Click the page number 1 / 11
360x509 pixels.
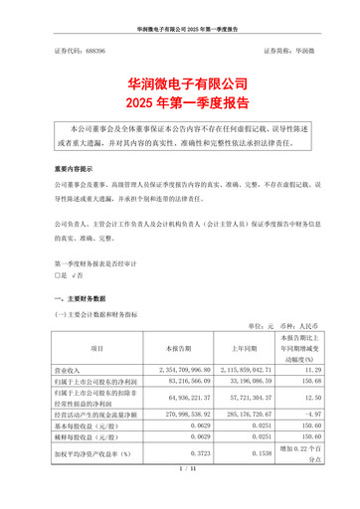[180, 495]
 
